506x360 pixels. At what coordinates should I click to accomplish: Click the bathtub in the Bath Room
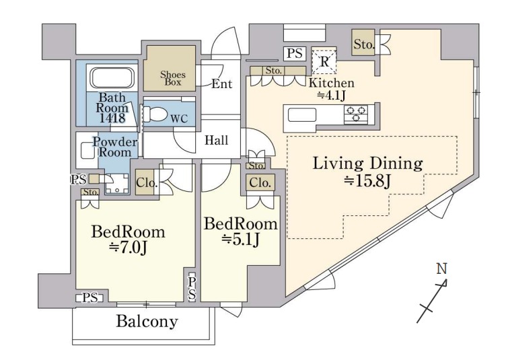coord(112,78)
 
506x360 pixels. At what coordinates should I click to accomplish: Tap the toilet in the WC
coord(154,114)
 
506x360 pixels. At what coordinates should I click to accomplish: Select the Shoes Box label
coord(173,78)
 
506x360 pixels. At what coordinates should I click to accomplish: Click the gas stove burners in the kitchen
coord(356,114)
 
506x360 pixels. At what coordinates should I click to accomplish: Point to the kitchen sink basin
coord(301,115)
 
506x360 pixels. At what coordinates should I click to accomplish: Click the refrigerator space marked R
coord(324,61)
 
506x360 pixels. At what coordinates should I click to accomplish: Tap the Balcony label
coord(147,321)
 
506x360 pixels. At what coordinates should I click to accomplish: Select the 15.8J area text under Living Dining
coord(367,181)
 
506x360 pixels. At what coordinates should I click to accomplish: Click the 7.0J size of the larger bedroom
coord(128,248)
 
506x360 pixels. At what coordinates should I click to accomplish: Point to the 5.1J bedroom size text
coord(241,240)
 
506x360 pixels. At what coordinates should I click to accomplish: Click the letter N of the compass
coord(441,268)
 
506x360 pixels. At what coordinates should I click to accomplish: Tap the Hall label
coord(217,141)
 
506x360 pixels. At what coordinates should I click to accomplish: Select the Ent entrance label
coord(221,84)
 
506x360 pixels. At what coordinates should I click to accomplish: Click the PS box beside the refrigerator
coord(294,53)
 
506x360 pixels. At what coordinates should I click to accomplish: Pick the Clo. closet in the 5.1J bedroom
coord(260,183)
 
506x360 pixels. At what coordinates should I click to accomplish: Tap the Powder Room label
coord(115,147)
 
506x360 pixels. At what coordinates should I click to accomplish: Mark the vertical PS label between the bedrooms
coord(192,288)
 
